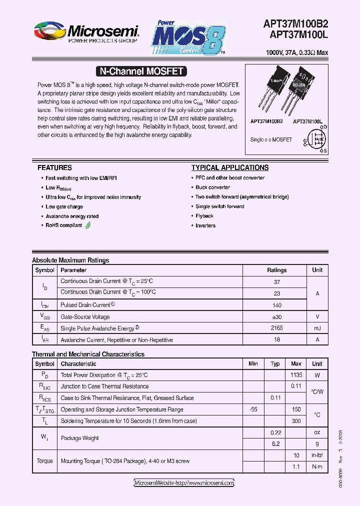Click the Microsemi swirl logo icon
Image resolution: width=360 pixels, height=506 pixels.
click(49, 31)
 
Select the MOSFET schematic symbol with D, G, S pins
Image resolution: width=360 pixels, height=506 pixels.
click(315, 139)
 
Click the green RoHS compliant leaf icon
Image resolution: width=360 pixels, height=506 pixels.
click(88, 225)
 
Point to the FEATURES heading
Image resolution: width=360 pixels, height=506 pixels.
click(54, 168)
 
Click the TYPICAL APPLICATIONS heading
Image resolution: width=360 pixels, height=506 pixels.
click(229, 168)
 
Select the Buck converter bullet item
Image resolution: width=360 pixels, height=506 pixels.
click(212, 187)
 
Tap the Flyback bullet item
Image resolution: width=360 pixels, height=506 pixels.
click(204, 216)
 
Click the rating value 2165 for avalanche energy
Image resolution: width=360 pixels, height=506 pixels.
click(276, 328)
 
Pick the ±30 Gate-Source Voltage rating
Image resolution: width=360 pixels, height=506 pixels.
click(276, 316)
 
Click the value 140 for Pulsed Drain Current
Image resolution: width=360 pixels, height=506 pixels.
click(276, 305)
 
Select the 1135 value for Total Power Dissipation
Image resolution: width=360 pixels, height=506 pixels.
click(296, 375)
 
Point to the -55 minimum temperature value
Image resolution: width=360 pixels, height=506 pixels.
click(253, 409)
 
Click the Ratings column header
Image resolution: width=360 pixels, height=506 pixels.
click(276, 270)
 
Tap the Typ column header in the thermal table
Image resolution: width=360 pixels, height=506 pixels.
click(275, 364)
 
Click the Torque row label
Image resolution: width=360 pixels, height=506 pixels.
click(44, 461)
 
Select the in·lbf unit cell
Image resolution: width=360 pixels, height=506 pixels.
click(317, 455)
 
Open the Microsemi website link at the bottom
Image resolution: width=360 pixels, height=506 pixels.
click(184, 483)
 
